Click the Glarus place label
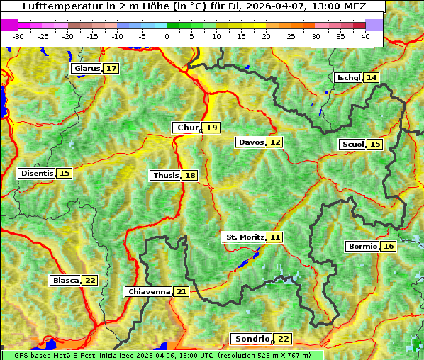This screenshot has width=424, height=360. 87,69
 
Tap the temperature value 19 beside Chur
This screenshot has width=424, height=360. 213,128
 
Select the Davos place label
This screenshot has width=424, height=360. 251,142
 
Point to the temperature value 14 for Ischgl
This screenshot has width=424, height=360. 372,77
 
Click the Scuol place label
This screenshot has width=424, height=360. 352,145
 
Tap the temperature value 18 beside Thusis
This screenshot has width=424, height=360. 190,175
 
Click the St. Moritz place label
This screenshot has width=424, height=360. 244,237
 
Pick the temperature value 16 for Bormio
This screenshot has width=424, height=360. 388,247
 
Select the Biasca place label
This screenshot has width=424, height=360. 65,280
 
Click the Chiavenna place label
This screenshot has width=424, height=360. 149,291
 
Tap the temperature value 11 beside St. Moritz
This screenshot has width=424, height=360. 275,237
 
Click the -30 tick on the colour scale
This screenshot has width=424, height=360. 18,35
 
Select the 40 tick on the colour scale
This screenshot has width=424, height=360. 365,35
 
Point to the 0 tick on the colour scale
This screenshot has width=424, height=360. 167,35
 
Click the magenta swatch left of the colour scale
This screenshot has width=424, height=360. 10,25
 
